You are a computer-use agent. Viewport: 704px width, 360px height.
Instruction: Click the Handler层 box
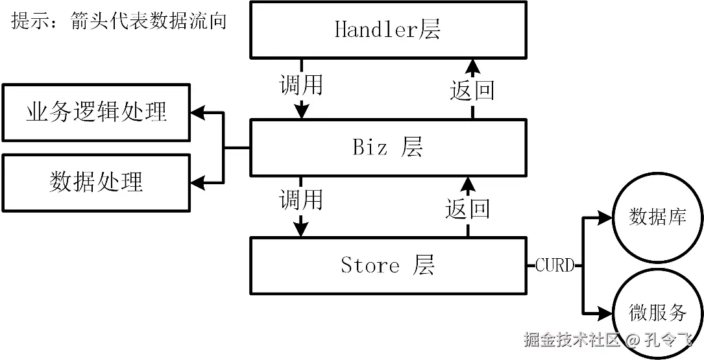[x=387, y=30]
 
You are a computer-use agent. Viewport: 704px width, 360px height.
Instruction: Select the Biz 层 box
[x=387, y=147]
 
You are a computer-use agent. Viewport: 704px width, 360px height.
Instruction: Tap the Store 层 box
[x=387, y=265]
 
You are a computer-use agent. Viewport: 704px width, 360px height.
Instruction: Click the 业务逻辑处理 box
[x=96, y=112]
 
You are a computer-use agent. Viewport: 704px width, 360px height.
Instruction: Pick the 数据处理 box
[x=96, y=182]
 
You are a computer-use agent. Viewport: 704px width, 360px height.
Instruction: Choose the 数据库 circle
[x=657, y=217]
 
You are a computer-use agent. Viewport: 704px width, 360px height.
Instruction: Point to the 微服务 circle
[x=657, y=312]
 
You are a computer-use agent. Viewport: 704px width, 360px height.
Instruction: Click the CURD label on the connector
[x=555, y=265]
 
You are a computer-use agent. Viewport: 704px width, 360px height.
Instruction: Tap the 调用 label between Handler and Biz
[x=300, y=84]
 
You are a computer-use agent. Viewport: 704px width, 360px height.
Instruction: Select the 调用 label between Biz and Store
[x=300, y=199]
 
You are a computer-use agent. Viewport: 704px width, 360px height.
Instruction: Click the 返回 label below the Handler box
[x=472, y=90]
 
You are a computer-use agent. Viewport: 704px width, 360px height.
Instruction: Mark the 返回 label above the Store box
[x=467, y=209]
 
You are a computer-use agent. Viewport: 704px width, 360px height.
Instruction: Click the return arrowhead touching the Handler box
[x=472, y=66]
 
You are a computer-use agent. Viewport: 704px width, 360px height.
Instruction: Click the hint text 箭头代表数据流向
[x=149, y=20]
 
